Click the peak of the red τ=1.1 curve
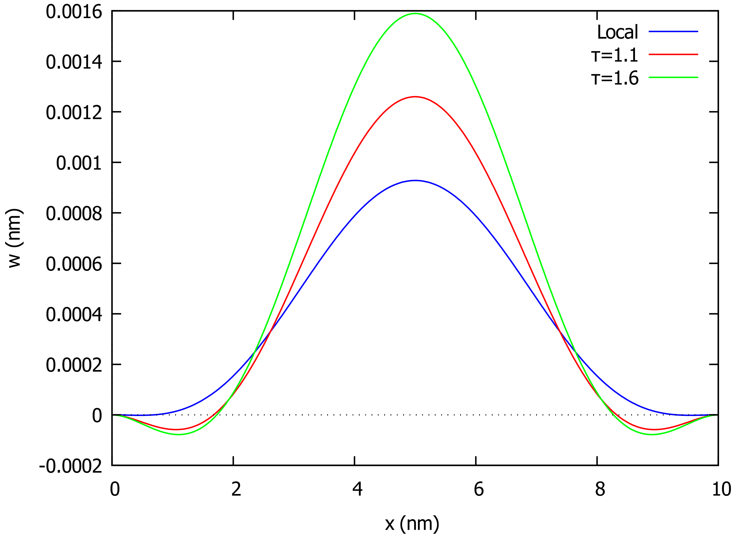(415, 97)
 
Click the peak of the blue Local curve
(415, 180)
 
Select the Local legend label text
(617, 32)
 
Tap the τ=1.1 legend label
(614, 55)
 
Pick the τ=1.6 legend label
(614, 78)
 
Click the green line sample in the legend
(673, 78)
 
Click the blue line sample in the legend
(673, 32)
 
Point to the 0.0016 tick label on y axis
(74, 12)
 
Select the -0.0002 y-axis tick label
(71, 466)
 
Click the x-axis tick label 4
(358, 489)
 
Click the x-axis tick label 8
(600, 489)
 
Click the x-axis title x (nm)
(412, 524)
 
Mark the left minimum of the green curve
(179, 435)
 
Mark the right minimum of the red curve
(654, 429)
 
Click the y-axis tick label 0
(97, 416)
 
